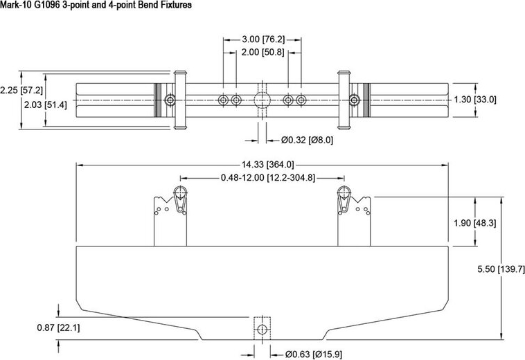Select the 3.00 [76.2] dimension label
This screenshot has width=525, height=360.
coord(262,38)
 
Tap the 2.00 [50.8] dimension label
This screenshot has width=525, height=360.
coord(262,52)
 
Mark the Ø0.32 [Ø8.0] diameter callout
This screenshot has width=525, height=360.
coord(308,140)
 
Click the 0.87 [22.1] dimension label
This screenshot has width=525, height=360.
coord(59,327)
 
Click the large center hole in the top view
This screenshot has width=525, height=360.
coord(261,100)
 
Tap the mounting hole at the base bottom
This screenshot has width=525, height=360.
coord(261,330)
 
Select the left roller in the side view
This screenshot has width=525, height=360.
coord(182,193)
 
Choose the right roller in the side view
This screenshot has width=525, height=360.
coord(342,193)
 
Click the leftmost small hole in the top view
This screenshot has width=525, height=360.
coord(223,100)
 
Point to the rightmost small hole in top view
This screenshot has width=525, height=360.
coord(301,100)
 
